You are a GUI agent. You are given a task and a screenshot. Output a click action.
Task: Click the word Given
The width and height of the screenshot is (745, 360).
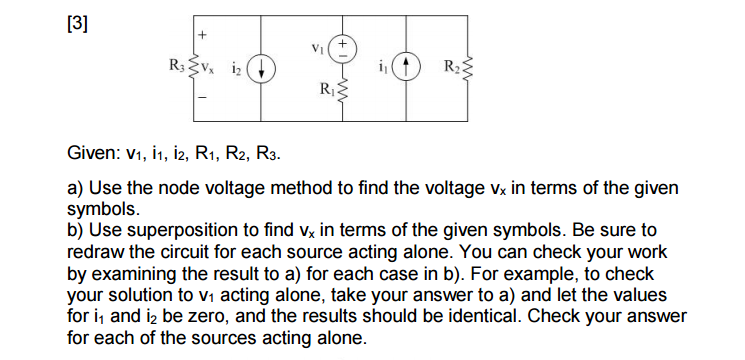94,156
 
